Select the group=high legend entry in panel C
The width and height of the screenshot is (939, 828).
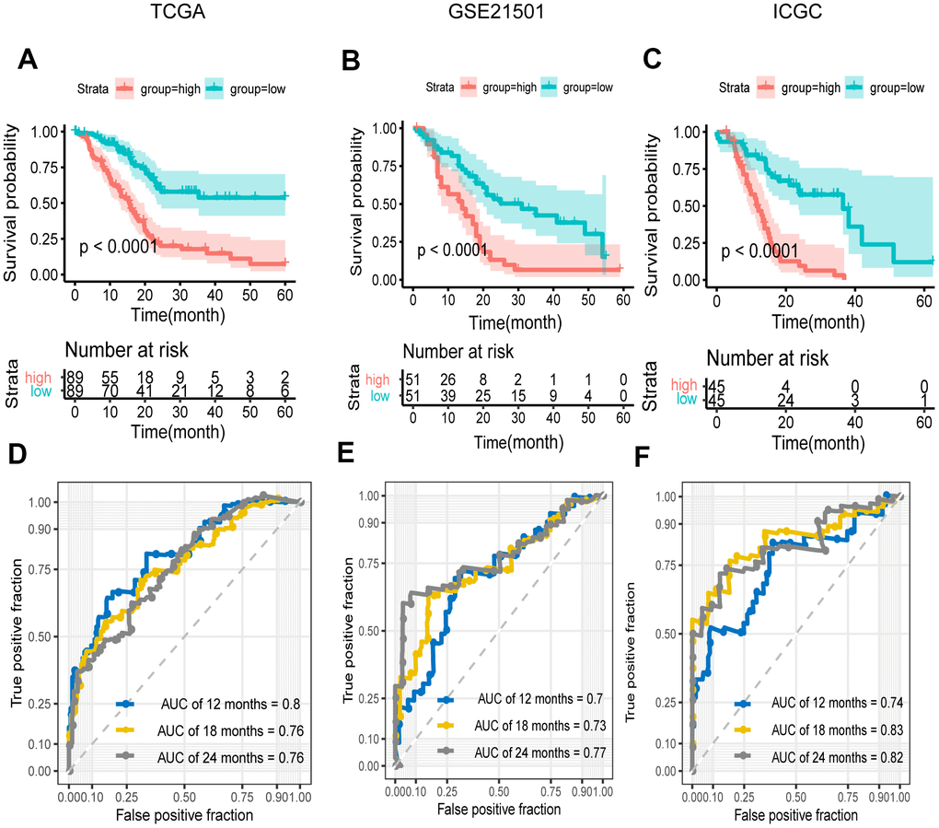pyautogui.click(x=798, y=87)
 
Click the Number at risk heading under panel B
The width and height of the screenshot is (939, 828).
pyautogui.click(x=458, y=351)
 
